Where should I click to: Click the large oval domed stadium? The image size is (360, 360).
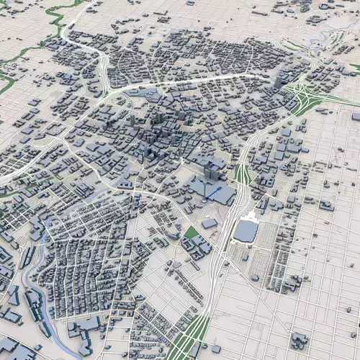point(246,230)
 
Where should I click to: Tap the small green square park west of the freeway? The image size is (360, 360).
point(192,233)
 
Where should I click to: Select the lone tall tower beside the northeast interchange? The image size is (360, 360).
point(278,81)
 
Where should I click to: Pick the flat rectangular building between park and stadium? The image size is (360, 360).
point(210,224)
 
